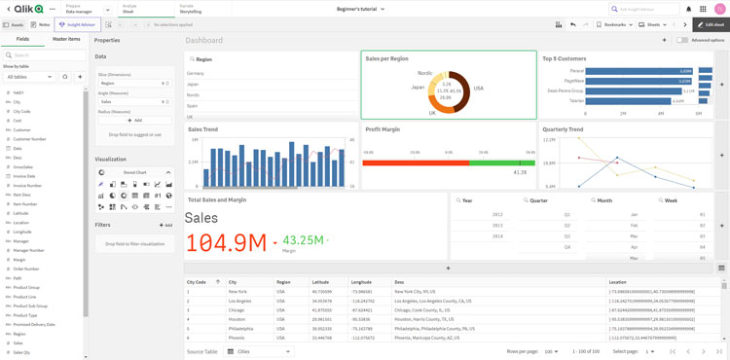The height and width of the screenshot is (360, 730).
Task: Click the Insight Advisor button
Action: pyautogui.click(x=78, y=24)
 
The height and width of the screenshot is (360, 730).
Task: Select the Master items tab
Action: pyautogui.click(x=66, y=39)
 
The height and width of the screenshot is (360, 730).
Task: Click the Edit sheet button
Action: pyautogui.click(x=711, y=24)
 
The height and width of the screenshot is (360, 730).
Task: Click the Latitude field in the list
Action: pyautogui.click(x=21, y=213)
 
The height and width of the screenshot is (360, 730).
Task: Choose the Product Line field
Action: pyautogui.click(x=25, y=297)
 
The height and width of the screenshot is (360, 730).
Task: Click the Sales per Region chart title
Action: pyautogui.click(x=386, y=58)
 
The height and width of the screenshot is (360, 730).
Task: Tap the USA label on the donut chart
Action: pyautogui.click(x=478, y=88)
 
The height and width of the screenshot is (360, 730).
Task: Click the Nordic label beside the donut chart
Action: pyautogui.click(x=425, y=73)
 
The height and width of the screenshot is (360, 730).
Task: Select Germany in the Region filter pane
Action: pyautogui.click(x=196, y=73)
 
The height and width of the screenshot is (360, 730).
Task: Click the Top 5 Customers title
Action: pyautogui.click(x=565, y=58)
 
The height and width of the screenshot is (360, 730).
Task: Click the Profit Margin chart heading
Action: pyautogui.click(x=383, y=128)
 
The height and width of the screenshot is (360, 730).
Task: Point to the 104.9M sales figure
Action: pyautogui.click(x=226, y=242)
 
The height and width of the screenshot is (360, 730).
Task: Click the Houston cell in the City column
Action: pyautogui.click(x=237, y=318)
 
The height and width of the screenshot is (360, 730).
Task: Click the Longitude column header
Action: pyautogui.click(x=361, y=282)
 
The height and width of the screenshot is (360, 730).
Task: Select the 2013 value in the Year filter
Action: pyautogui.click(x=497, y=214)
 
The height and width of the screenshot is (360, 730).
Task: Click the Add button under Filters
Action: pyautogui.click(x=165, y=225)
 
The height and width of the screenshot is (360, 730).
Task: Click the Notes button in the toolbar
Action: pyautogui.click(x=41, y=24)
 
